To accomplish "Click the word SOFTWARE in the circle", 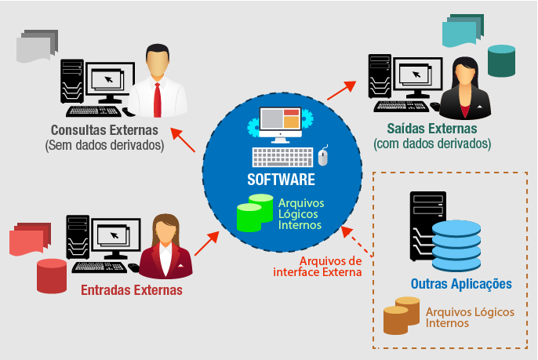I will point(281,180).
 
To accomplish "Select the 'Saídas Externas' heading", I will point(432,128).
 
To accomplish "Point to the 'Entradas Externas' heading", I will point(132,290).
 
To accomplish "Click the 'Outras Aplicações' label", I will point(461,283).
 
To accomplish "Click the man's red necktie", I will point(158,97).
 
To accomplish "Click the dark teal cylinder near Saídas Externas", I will point(501,60).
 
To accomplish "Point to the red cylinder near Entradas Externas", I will point(51,275).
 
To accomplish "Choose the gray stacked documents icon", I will point(37,46).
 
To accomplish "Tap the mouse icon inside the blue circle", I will point(323,157).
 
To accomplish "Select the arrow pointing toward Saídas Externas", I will point(340,88).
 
